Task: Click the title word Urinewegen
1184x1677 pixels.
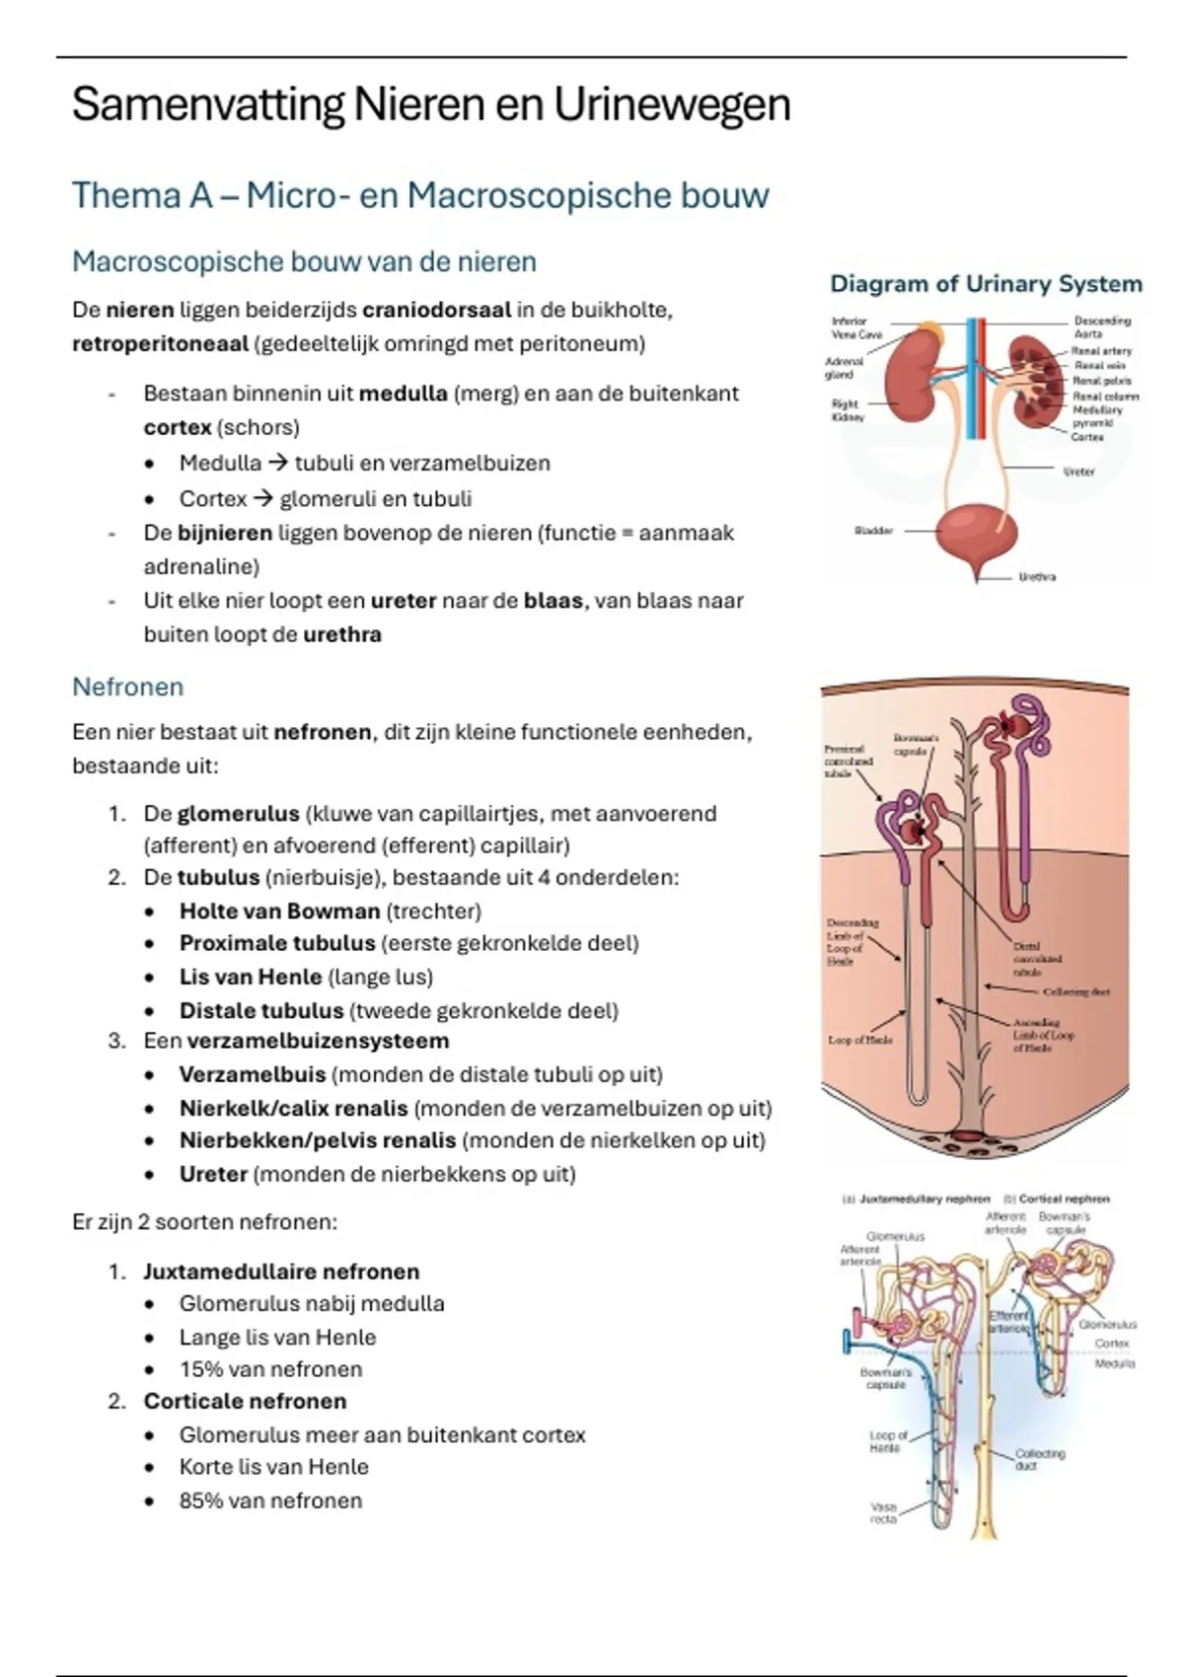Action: coord(671,105)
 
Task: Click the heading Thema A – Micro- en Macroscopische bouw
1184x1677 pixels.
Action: coord(419,195)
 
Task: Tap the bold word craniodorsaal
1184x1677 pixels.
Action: coord(436,310)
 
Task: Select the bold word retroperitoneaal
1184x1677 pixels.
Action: coord(160,343)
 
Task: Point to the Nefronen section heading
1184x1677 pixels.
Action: coord(127,687)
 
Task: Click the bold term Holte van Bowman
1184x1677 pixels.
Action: coord(279,911)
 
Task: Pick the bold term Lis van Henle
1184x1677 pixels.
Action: coord(251,977)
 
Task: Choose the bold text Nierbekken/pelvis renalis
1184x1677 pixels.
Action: coord(318,1140)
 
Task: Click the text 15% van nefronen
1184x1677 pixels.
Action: coord(270,1369)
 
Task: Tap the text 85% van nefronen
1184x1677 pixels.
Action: coord(270,1500)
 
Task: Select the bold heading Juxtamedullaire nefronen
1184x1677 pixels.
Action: coord(281,1272)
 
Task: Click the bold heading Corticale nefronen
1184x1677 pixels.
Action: coord(245,1401)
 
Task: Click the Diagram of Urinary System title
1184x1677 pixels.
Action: coord(986,284)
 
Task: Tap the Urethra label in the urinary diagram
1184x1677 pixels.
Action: coord(1037,577)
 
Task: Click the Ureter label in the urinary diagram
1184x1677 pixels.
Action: coord(1078,472)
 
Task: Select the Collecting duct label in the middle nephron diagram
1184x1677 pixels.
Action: coord(1075,991)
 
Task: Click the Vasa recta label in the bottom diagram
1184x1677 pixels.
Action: coord(883,1513)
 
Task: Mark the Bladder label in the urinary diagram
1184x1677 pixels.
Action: coord(873,531)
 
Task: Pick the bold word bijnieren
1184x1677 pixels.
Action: coord(224,533)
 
